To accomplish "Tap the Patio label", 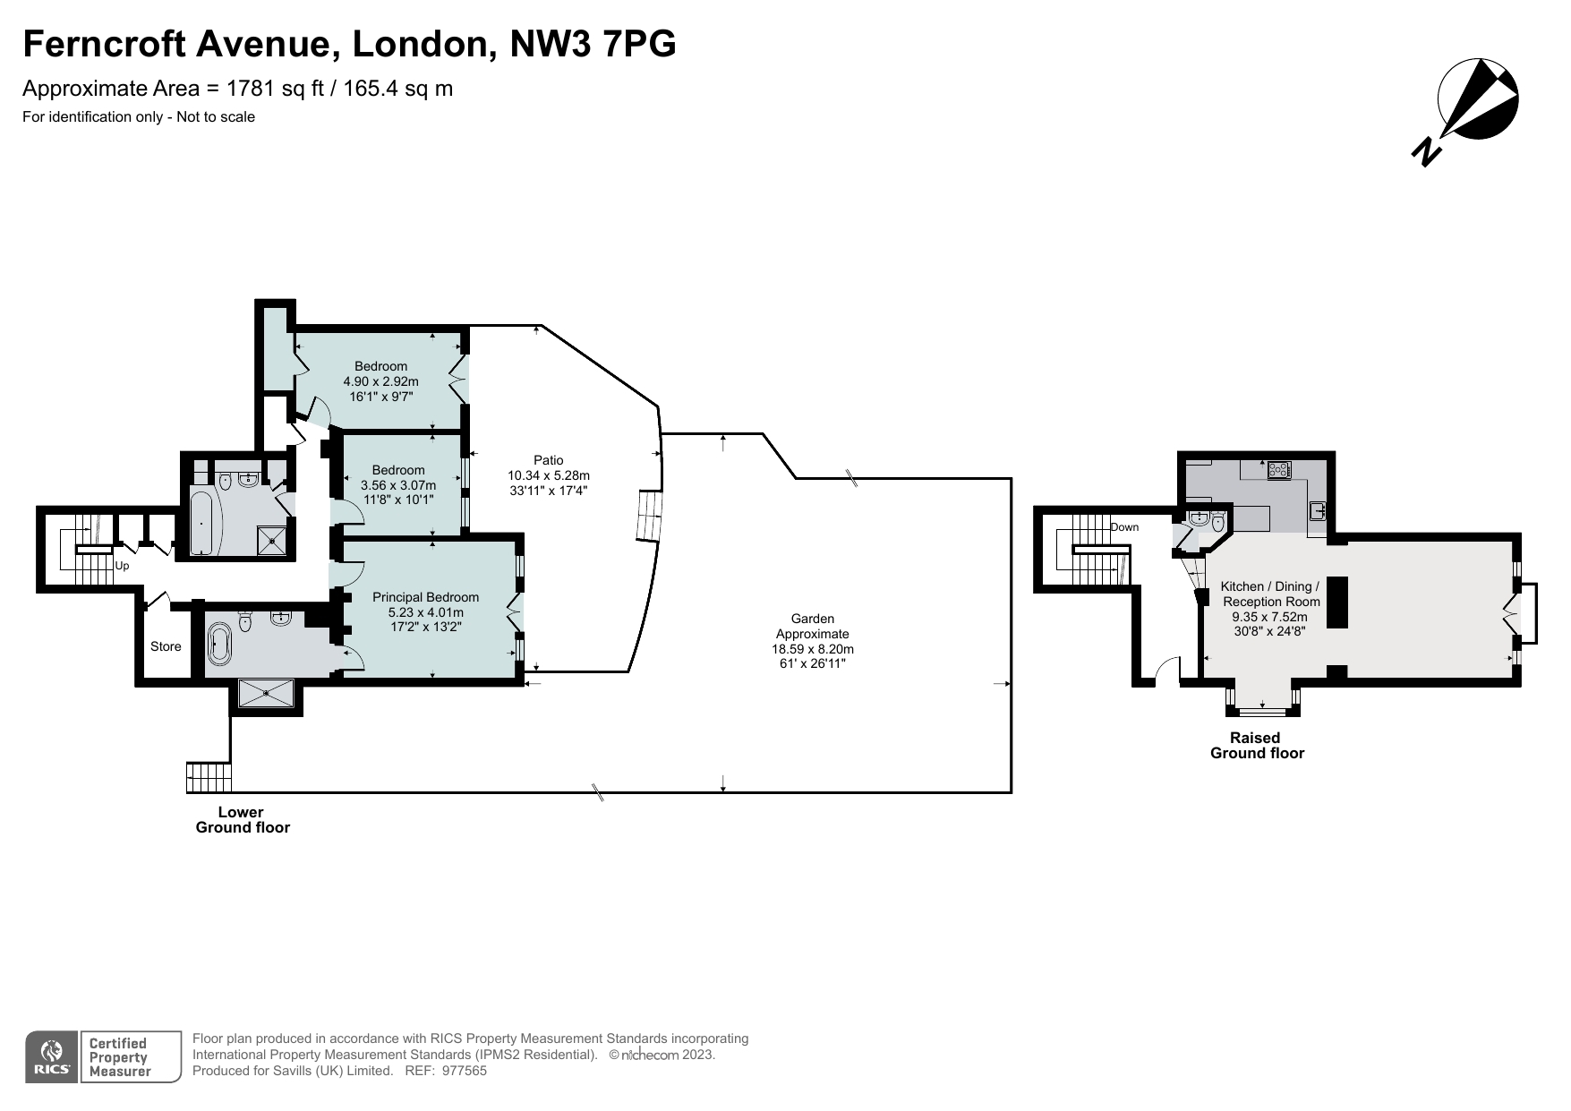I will coord(549,460).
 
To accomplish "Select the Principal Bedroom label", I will coord(425,597).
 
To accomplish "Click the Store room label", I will coord(166,646).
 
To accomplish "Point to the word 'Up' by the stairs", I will coord(122,566).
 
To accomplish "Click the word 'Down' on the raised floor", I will coord(1124,527).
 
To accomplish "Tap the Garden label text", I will coord(812,619).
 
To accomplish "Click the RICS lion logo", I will coord(52,1055).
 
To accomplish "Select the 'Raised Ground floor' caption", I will coord(1256,746).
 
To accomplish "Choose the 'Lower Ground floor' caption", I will coord(243,820).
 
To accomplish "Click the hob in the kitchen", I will coord(1277,468).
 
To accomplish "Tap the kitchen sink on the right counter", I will coord(1317,511).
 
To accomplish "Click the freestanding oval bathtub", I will coord(219,644).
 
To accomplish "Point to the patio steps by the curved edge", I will coord(648,517).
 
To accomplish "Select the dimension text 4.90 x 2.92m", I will coord(380,381).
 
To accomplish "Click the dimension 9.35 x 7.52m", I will coord(1269,617).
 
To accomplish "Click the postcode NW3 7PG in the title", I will coord(593,44).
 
